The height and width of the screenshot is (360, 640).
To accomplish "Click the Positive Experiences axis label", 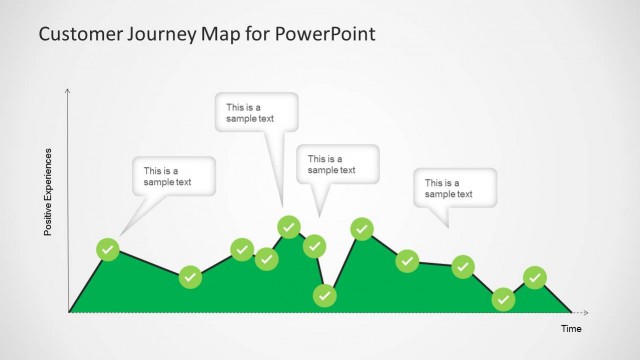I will tap(47, 192).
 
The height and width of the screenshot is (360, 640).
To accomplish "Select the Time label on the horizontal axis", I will tap(570, 328).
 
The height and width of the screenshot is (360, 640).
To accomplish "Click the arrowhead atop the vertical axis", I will tap(68, 91).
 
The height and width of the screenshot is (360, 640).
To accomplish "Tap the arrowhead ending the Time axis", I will tap(586, 312).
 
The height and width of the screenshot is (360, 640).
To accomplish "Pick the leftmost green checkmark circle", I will tap(108, 249).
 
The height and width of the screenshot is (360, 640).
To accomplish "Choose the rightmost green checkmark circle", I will tap(535, 277).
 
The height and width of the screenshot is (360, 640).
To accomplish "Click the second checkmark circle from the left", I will tap(190, 277).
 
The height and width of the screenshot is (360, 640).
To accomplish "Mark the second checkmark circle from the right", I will tap(504, 298).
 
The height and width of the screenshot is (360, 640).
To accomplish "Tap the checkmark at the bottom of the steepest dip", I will tap(324, 295).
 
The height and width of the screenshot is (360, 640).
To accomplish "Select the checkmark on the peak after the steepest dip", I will tap(362, 229).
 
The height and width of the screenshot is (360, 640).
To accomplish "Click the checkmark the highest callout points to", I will tap(289, 226).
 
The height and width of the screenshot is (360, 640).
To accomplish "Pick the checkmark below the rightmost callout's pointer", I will tap(462, 266).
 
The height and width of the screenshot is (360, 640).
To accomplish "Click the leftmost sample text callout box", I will tap(174, 177).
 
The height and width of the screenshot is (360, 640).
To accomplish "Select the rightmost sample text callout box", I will tap(455, 188).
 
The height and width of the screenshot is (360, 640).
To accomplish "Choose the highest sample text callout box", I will tap(257, 112).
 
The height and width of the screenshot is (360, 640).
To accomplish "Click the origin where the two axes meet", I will tap(68, 312).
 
